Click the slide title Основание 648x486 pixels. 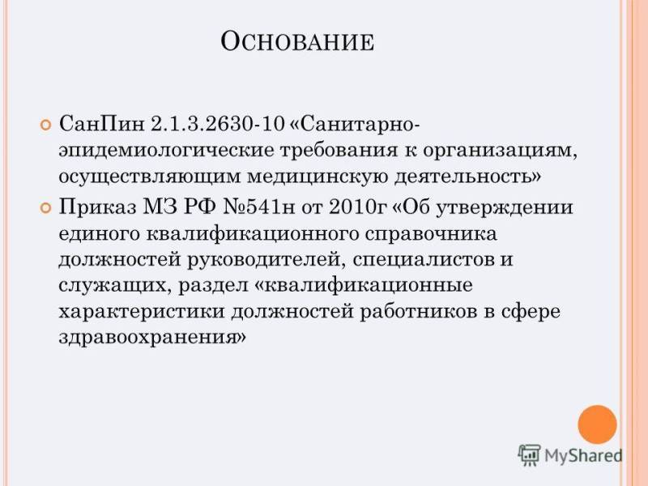(x=297, y=41)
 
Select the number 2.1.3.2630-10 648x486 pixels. (x=218, y=124)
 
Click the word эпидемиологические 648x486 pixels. (x=166, y=151)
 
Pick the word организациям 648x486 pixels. (x=499, y=151)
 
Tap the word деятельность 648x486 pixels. (x=467, y=177)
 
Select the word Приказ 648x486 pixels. (x=97, y=207)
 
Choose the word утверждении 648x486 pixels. (x=504, y=207)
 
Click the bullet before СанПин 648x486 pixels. (x=45, y=125)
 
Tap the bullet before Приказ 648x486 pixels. (x=45, y=207)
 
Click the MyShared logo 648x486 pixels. (x=570, y=455)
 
